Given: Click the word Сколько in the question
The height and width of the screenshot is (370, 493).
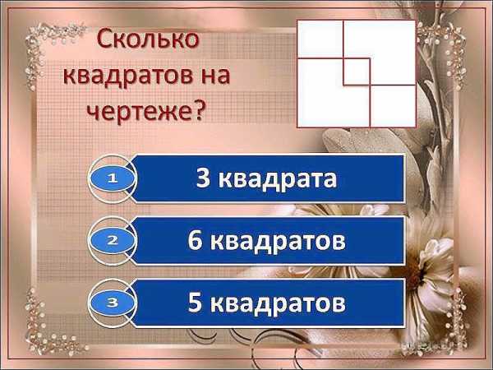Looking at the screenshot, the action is point(148,39).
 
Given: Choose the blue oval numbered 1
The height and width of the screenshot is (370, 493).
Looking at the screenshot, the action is point(113,178).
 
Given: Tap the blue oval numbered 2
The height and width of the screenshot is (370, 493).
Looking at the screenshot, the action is point(113,241).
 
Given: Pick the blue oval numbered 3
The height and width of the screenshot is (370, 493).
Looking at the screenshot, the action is point(113,303).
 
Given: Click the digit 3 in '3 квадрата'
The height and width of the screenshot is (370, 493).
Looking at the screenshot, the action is point(203,178).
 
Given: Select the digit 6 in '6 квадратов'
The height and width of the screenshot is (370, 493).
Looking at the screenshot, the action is point(195,240).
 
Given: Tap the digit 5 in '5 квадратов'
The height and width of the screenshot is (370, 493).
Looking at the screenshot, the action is point(195,302).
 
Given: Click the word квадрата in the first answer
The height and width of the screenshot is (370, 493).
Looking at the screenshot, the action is point(278,179).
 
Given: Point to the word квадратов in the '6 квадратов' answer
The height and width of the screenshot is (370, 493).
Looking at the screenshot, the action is point(278,242).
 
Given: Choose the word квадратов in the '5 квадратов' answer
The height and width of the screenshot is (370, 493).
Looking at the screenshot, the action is point(278,304).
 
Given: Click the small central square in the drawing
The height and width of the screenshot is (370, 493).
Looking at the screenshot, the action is point(357,72).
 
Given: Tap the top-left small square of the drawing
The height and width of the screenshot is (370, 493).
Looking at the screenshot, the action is point(320,39).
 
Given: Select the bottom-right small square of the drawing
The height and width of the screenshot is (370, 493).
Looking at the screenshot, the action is point(393,106).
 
